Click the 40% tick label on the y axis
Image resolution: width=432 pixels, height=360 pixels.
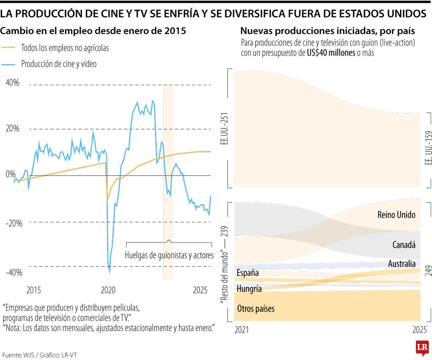[12, 83]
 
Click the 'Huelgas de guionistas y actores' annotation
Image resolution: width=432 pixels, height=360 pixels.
[169, 255]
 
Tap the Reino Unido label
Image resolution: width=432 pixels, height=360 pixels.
[396, 215]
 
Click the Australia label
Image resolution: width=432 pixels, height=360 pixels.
[402, 264]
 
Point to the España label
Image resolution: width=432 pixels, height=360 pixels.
[248, 273]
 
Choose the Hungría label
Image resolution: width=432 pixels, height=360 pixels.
[249, 288]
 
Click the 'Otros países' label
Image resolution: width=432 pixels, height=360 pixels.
[256, 308]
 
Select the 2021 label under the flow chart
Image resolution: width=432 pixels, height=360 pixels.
[241, 330]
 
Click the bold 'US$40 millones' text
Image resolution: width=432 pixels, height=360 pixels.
[331, 53]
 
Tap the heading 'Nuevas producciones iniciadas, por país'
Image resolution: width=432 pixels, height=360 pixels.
[327, 31]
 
